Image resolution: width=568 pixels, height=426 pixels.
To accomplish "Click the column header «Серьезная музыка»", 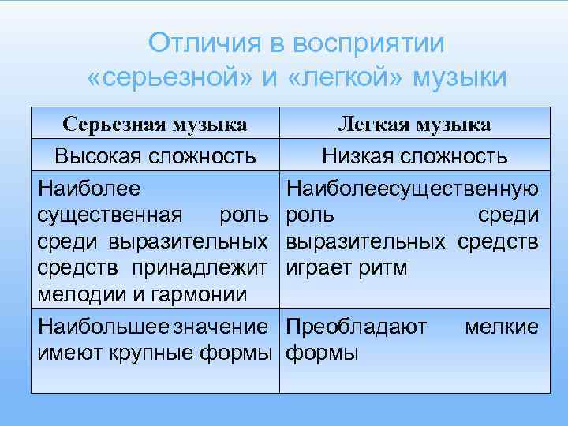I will pyautogui.click(x=155, y=125).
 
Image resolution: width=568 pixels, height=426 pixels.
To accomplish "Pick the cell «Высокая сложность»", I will pyautogui.click(x=155, y=155).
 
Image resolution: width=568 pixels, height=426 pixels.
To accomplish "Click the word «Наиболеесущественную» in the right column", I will pyautogui.click(x=413, y=188).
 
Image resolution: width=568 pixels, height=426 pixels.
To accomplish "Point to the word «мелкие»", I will pyautogui.click(x=502, y=326).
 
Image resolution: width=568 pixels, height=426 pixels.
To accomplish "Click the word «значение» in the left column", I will pyautogui.click(x=220, y=326).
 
